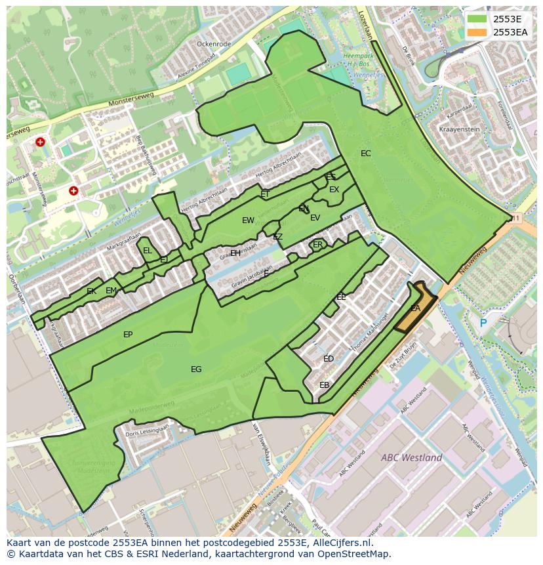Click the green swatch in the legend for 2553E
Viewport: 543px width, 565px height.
477,19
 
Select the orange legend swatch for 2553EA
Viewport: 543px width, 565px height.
477,32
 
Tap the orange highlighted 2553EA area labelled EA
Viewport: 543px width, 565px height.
415,308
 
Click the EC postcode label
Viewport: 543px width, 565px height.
366,154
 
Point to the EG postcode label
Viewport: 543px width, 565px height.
196,369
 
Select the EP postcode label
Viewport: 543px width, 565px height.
128,335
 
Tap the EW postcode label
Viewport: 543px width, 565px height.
248,220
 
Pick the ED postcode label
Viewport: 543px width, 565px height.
329,359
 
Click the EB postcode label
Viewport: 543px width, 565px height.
324,385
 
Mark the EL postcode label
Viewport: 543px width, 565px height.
148,251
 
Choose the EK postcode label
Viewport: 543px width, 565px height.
91,291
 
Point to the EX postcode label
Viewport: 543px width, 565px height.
334,190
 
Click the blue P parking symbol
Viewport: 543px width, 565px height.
483,323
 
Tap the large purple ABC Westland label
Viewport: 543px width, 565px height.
412,457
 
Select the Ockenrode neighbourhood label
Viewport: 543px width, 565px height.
214,44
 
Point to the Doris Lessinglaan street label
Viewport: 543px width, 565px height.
147,430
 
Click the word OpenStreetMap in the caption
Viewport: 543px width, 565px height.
355,554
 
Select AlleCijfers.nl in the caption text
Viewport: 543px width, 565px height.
340,543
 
